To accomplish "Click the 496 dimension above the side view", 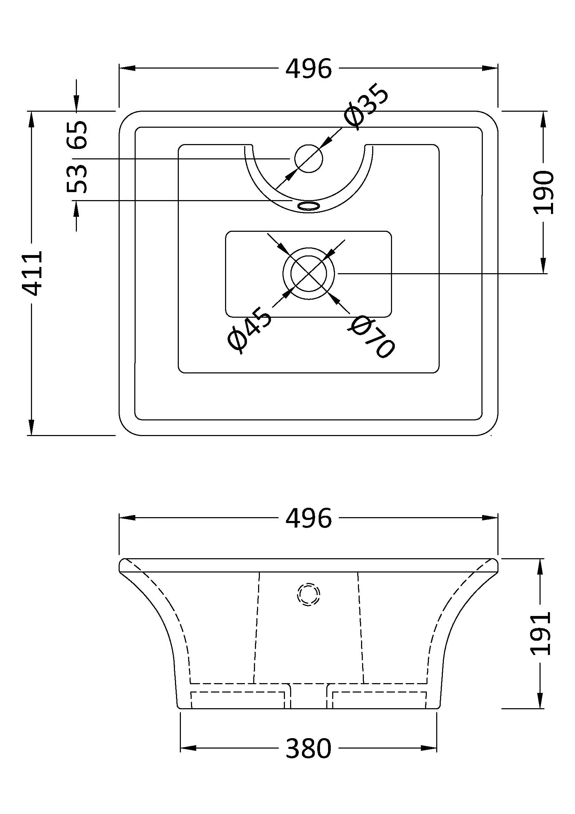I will (309, 518).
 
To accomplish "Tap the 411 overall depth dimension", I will (33, 273).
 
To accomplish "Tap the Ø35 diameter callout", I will (367, 109).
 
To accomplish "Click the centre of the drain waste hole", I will (309, 273).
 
